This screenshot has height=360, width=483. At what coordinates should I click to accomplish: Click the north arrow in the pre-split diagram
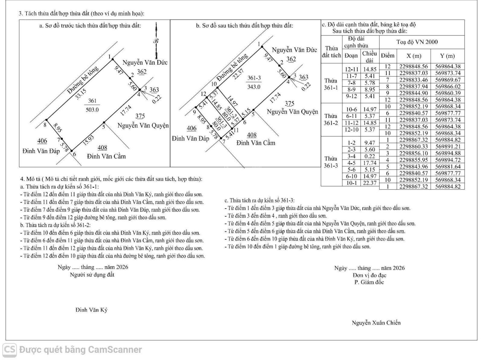tap(156, 41)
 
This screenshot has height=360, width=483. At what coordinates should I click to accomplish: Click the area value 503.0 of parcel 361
tap(92, 110)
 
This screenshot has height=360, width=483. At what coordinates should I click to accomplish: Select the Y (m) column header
tap(447, 56)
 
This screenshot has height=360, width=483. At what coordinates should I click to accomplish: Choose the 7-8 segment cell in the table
tap(351, 83)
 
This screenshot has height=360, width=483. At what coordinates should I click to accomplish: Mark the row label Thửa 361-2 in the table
tap(331, 119)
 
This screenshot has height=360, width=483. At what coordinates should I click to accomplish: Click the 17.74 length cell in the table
tap(369, 163)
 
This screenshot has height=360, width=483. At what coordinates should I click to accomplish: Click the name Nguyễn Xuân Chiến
tap(376, 323)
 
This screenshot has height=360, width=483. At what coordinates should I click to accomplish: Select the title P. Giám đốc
tap(369, 282)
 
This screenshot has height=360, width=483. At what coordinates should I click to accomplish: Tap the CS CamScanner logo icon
tap(10, 349)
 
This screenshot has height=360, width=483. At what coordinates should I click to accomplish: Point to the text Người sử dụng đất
tap(92, 275)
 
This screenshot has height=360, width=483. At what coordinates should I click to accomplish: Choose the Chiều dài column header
tap(369, 56)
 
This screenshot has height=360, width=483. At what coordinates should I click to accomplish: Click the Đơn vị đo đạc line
tap(369, 275)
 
